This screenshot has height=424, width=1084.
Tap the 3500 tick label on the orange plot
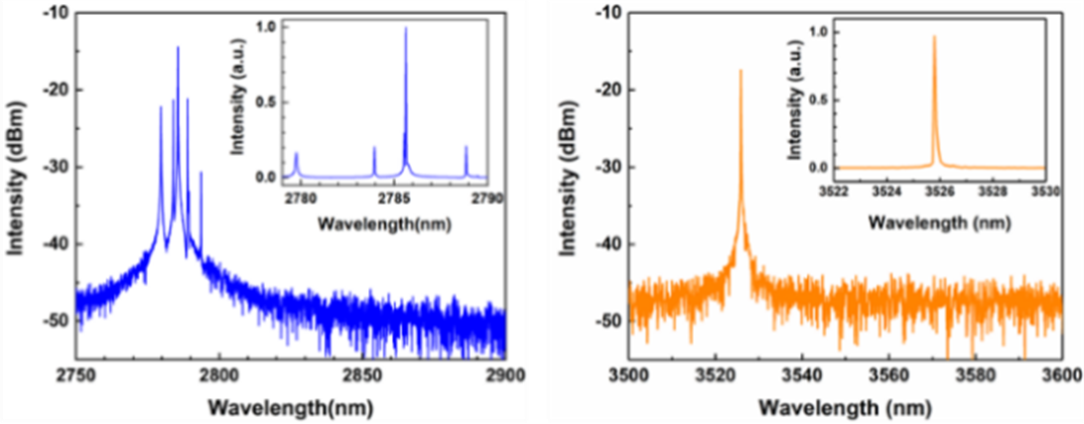coord(628,376)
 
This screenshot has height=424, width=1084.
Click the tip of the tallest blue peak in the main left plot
coord(178,47)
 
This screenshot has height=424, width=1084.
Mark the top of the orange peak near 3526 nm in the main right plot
coord(741,71)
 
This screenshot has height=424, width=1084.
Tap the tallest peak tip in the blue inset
coord(405,28)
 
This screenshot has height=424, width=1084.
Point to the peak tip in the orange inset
coord(933,37)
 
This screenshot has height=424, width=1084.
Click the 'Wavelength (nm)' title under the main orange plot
coord(844,407)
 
